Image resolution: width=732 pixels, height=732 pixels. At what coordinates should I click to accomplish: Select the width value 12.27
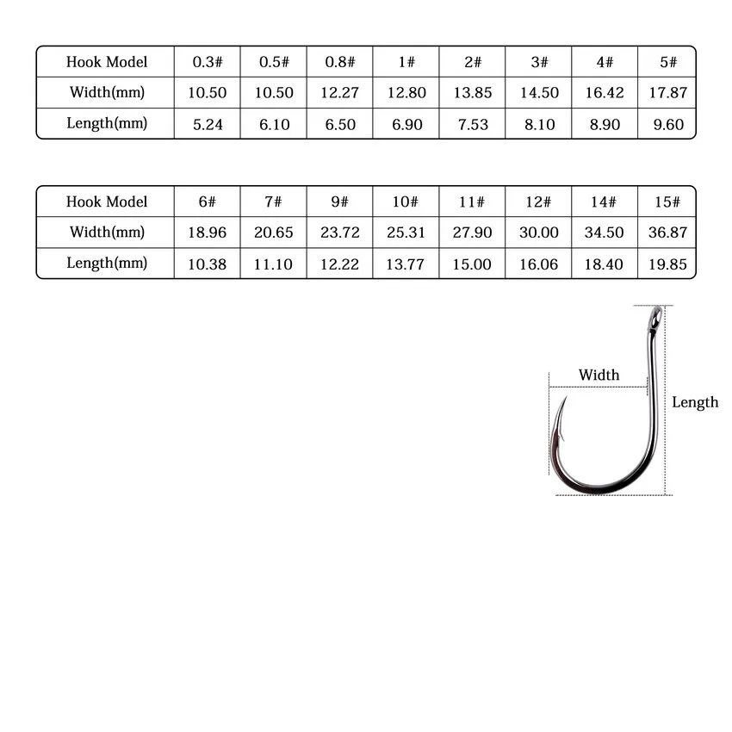pyautogui.click(x=341, y=93)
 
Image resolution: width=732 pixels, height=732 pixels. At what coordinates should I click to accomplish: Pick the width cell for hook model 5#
pyautogui.click(x=668, y=93)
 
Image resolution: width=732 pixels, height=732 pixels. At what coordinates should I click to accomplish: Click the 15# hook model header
pyautogui.click(x=668, y=202)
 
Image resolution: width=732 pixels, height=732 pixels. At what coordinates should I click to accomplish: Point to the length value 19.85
pyautogui.click(x=668, y=264)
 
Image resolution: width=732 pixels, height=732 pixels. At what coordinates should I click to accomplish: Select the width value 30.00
pyautogui.click(x=539, y=233)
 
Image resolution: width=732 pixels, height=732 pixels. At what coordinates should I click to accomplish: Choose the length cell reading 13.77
pyautogui.click(x=406, y=264)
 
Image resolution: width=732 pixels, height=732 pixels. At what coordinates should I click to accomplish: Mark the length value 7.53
pyautogui.click(x=473, y=125)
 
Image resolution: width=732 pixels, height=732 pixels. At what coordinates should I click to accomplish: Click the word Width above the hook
pyautogui.click(x=599, y=375)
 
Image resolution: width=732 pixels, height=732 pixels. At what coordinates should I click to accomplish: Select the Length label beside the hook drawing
pyautogui.click(x=695, y=402)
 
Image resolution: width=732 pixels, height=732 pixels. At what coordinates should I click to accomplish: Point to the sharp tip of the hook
pyautogui.click(x=564, y=399)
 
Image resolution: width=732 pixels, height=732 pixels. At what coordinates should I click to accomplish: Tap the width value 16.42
pyautogui.click(x=605, y=93)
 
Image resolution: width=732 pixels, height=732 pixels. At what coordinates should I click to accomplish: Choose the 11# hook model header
pyautogui.click(x=473, y=202)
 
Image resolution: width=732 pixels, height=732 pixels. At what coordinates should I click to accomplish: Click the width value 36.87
pyautogui.click(x=668, y=233)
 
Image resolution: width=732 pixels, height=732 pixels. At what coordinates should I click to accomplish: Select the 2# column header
pyautogui.click(x=473, y=62)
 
